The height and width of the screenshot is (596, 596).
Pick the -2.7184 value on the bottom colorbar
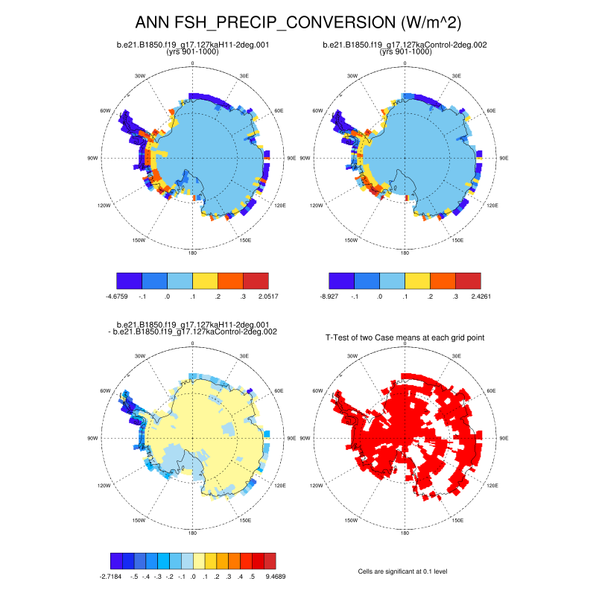112,576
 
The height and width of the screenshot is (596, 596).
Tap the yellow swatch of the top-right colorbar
417,281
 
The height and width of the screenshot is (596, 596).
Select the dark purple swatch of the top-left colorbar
130,281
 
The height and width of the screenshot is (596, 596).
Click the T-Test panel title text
405,337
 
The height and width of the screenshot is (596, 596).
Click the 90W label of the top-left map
93,158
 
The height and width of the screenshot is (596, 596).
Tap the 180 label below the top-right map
405,253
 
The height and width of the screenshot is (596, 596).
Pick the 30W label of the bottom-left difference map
139,356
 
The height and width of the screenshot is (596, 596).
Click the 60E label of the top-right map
492,110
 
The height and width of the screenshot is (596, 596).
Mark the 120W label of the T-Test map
316,486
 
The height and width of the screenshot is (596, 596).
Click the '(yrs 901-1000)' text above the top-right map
405,52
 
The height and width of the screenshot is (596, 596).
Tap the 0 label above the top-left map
193,63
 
